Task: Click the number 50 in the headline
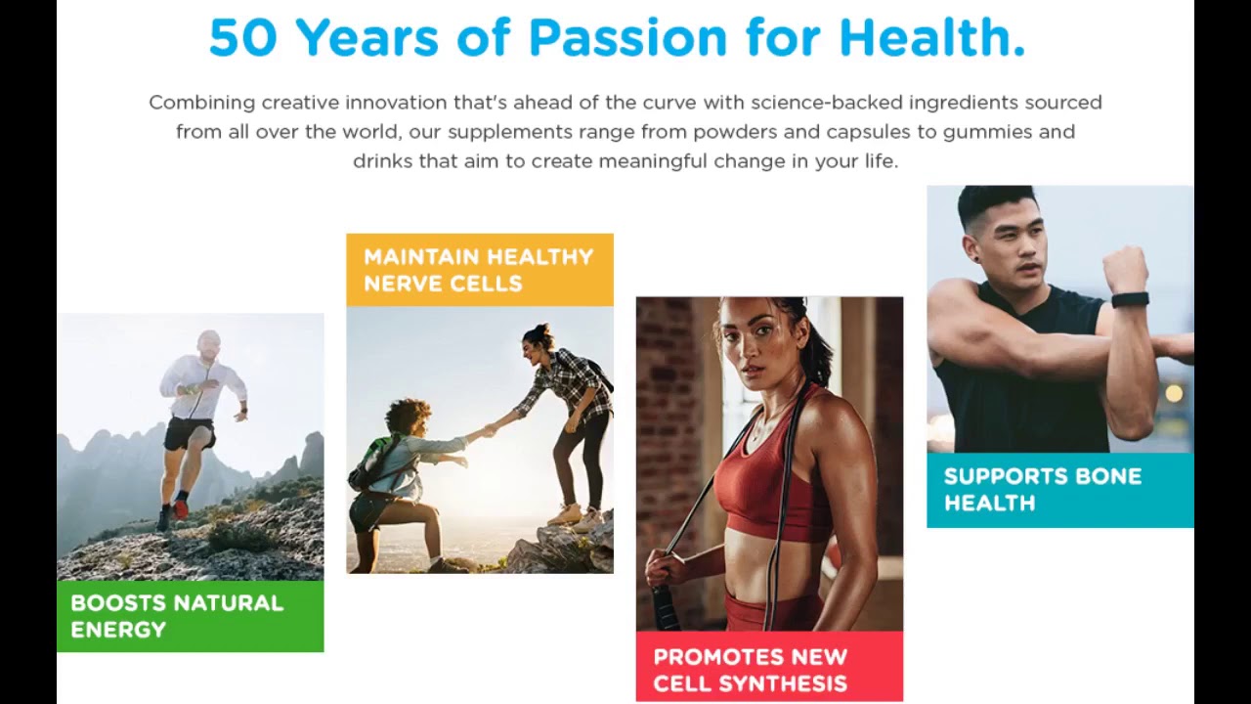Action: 243,37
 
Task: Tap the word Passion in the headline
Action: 627,37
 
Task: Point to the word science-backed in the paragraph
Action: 826,103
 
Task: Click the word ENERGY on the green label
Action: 118,630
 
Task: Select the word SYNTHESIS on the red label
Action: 791,683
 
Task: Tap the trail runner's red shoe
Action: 181,509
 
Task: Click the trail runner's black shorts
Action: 189,434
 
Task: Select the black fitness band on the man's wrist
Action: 1129,300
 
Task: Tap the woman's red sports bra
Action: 765,486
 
